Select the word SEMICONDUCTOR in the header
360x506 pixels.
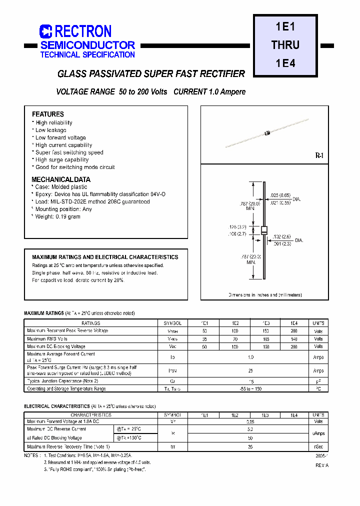pyautogui.click(x=88, y=45)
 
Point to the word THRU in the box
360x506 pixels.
pyautogui.click(x=285, y=45)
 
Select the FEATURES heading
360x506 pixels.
pyautogui.click(x=48, y=114)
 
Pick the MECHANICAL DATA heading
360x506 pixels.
pyautogui.click(x=61, y=179)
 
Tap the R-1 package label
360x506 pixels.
pyautogui.click(x=319, y=156)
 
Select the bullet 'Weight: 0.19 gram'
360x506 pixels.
pyautogui.click(x=57, y=216)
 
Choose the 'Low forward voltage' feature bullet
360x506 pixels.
pyautogui.click(x=60, y=137)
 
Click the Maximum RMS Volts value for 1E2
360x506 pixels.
pyautogui.click(x=235, y=338)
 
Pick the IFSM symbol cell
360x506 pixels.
pyautogui.click(x=172, y=371)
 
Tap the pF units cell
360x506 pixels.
pyautogui.click(x=318, y=381)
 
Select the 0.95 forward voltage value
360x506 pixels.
pyautogui.click(x=250, y=422)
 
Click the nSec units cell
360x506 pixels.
pyautogui.click(x=318, y=446)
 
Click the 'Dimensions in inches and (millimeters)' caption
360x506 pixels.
pyautogui.click(x=265, y=295)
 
